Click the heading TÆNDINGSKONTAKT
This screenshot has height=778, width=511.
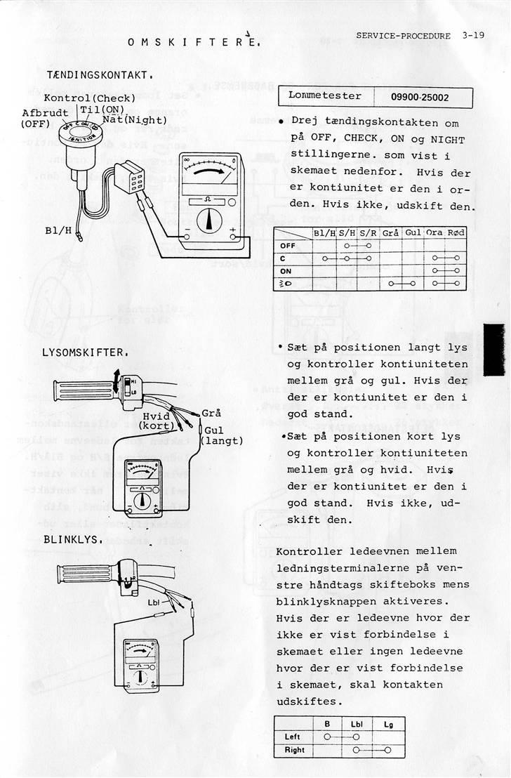(100, 74)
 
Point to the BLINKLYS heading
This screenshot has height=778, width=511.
(74, 540)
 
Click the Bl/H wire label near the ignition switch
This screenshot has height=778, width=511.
(58, 230)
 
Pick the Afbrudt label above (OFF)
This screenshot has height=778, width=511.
(45, 112)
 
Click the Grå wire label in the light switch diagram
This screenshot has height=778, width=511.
(211, 412)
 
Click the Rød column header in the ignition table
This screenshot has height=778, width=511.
(456, 232)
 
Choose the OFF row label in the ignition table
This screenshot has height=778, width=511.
(288, 246)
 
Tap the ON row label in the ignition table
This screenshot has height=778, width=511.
(286, 271)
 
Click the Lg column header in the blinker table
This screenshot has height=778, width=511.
(388, 723)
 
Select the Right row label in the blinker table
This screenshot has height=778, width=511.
(295, 750)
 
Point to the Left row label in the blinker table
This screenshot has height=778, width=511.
(293, 737)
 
